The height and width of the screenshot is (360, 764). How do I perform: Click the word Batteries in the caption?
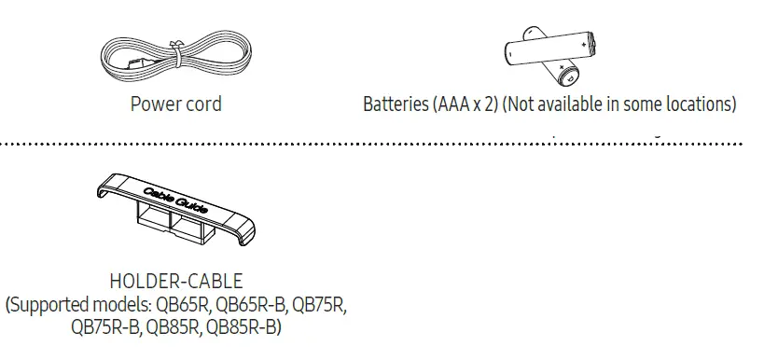[396, 104]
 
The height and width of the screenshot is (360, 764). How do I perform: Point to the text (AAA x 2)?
[465, 104]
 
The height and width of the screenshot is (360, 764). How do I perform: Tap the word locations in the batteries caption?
[702, 104]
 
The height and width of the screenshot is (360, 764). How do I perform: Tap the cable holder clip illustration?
[177, 210]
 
